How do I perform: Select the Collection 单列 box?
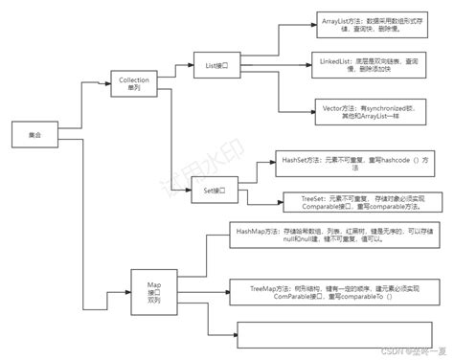coord(133,83)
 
